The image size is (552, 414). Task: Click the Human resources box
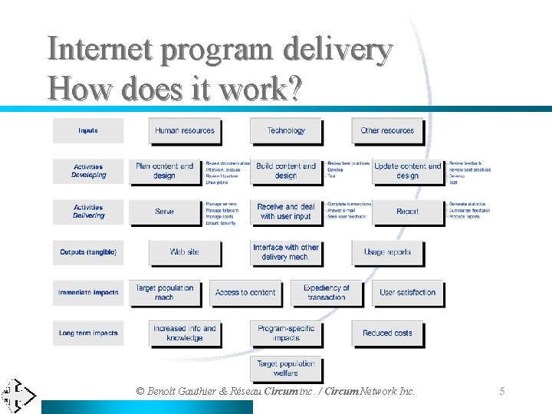pyautogui.click(x=184, y=131)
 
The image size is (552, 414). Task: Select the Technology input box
pyautogui.click(x=285, y=131)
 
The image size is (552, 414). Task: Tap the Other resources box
pyautogui.click(x=386, y=131)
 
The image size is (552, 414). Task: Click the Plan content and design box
pyautogui.click(x=164, y=171)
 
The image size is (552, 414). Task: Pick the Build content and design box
pyautogui.click(x=285, y=171)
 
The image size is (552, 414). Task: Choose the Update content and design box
pyautogui.click(x=407, y=171)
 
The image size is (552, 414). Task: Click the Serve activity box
pyautogui.click(x=164, y=212)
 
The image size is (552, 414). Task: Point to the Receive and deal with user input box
pyautogui.click(x=285, y=212)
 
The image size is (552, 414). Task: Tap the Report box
pyautogui.click(x=407, y=212)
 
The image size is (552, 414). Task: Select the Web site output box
pyautogui.click(x=184, y=252)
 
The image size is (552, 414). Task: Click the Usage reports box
pyautogui.click(x=387, y=252)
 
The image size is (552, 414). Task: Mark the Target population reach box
pyautogui.click(x=164, y=292)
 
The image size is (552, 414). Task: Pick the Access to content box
pyautogui.click(x=245, y=292)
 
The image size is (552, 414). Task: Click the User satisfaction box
pyautogui.click(x=407, y=292)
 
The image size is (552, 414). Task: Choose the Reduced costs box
pyautogui.click(x=387, y=333)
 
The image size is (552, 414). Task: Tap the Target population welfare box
pyautogui.click(x=285, y=369)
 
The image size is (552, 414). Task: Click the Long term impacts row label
pyautogui.click(x=88, y=333)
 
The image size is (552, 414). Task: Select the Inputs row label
pyautogui.click(x=88, y=131)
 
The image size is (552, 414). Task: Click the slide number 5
pyautogui.click(x=502, y=392)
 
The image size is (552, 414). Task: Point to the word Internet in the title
pyautogui.click(x=100, y=50)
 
